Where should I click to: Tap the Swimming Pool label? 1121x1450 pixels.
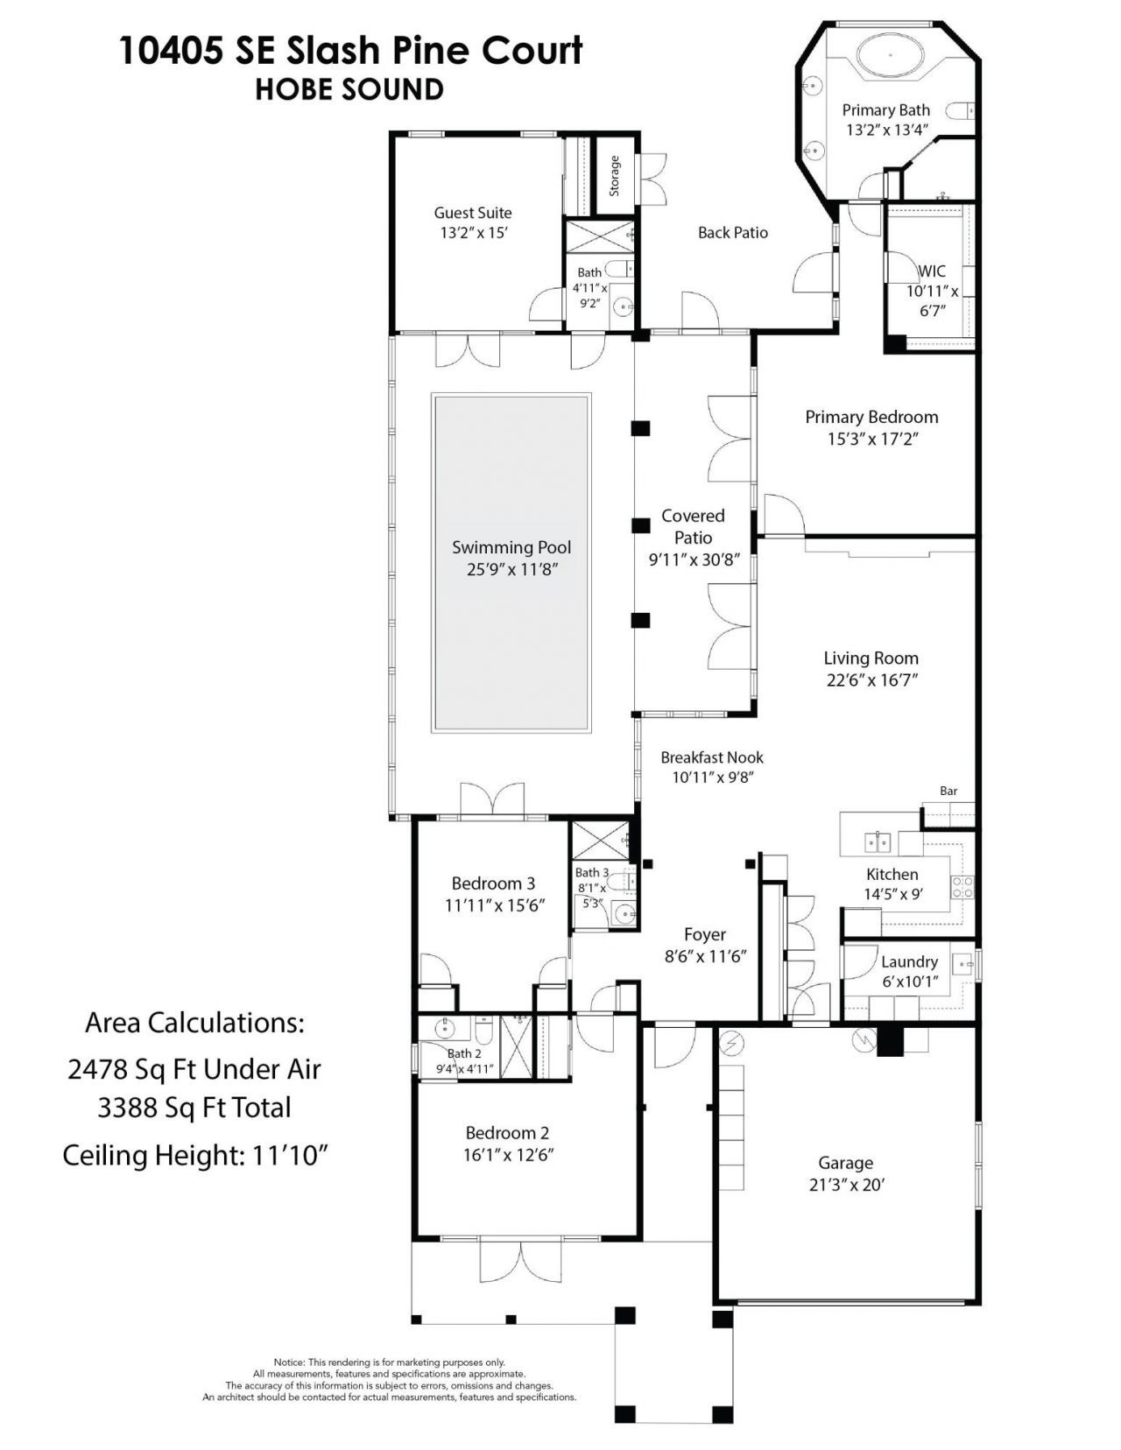click(511, 548)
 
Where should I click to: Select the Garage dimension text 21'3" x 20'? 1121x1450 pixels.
click(846, 1185)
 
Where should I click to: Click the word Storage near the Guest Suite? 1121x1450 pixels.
click(615, 175)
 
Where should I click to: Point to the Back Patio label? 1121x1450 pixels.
click(733, 233)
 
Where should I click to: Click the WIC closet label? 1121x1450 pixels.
click(932, 271)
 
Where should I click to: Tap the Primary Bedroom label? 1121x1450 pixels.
click(871, 418)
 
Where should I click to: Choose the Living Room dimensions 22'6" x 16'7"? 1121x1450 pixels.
click(871, 679)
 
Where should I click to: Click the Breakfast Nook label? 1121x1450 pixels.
click(712, 757)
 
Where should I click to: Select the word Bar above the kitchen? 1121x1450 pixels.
click(948, 791)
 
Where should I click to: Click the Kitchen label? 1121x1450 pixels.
click(892, 874)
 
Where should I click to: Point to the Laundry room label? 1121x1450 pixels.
click(909, 961)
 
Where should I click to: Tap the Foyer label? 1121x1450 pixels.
click(705, 934)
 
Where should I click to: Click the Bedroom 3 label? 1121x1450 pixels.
click(493, 883)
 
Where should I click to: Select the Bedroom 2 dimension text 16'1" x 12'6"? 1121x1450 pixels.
click(508, 1155)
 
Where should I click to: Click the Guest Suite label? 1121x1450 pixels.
click(473, 213)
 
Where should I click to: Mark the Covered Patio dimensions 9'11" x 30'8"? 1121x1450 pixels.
click(693, 560)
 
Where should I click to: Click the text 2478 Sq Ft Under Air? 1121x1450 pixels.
click(194, 1068)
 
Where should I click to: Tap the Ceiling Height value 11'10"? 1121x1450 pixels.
click(290, 1156)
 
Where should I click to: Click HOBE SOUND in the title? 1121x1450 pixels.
click(349, 89)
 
